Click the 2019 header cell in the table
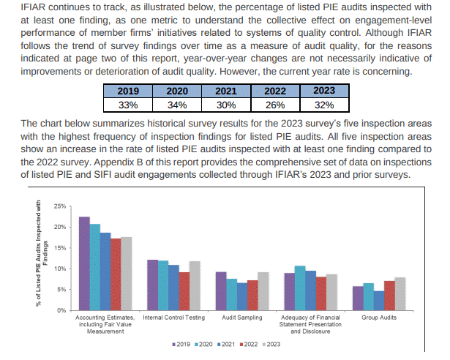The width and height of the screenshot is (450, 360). [x=129, y=91]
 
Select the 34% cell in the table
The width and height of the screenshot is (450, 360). [x=177, y=104]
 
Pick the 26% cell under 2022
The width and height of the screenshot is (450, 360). [x=274, y=104]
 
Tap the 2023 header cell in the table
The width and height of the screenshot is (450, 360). [x=323, y=91]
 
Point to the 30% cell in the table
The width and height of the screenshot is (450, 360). [x=225, y=104]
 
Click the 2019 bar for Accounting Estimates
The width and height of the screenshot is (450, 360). [x=84, y=263]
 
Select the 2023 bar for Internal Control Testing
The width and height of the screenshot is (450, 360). [x=194, y=286]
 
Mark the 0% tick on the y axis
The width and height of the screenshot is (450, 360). [x=61, y=311]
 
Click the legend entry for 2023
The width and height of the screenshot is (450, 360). [x=271, y=344]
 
